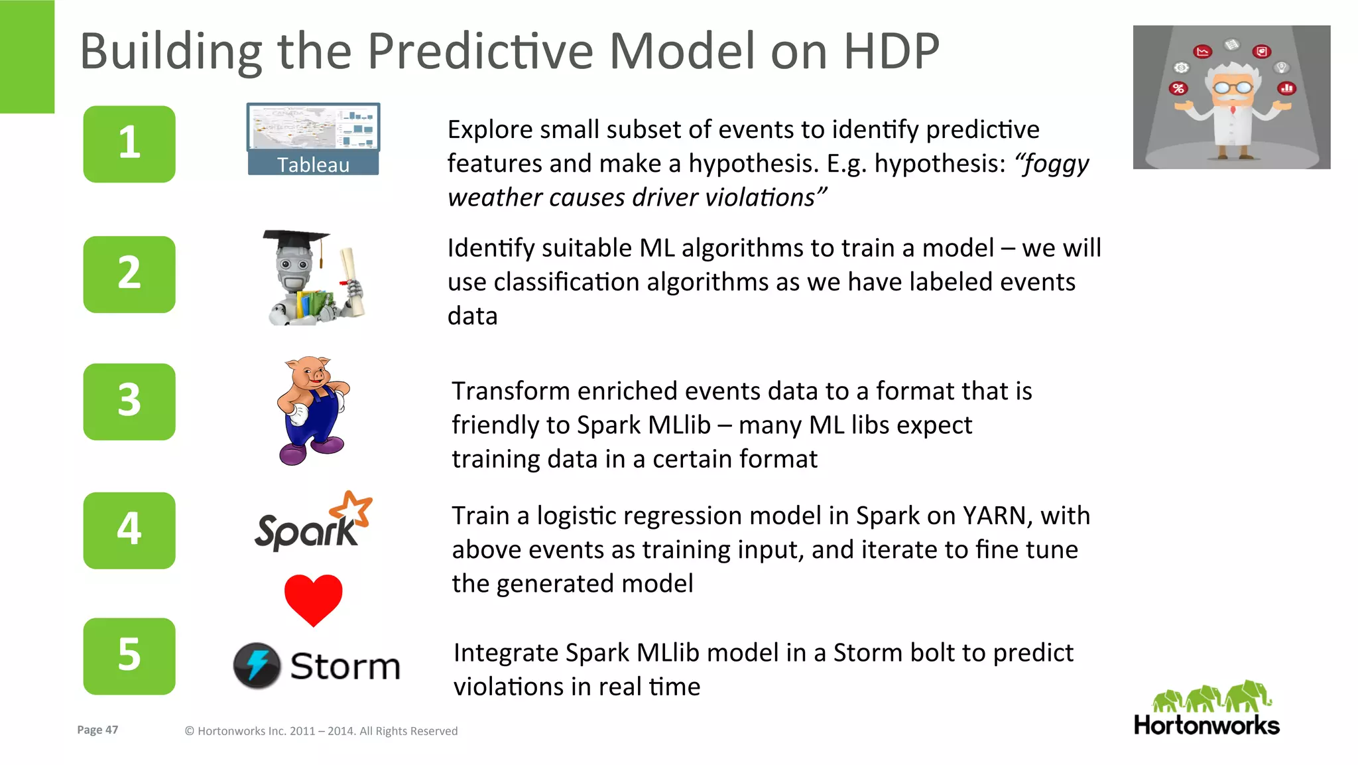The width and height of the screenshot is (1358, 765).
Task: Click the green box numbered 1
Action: point(129,143)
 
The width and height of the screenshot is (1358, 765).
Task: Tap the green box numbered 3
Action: point(129,401)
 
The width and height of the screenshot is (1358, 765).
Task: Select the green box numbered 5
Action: point(129,656)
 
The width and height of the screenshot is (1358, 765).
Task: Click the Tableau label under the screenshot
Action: point(313,165)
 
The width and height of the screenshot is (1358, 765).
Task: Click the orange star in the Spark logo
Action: point(352,510)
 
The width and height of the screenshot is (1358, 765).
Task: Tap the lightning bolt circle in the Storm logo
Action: point(257,665)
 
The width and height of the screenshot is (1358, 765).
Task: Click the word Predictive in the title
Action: point(479,51)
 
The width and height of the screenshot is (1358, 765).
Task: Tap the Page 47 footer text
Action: point(97,730)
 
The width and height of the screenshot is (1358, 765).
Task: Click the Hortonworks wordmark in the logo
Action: point(1206,725)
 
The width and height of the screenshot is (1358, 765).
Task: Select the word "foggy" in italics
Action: point(1052,163)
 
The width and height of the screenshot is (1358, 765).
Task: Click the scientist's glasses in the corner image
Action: point(1232,87)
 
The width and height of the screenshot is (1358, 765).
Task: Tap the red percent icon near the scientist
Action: point(1178,88)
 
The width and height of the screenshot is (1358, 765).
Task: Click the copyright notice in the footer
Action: point(321,731)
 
